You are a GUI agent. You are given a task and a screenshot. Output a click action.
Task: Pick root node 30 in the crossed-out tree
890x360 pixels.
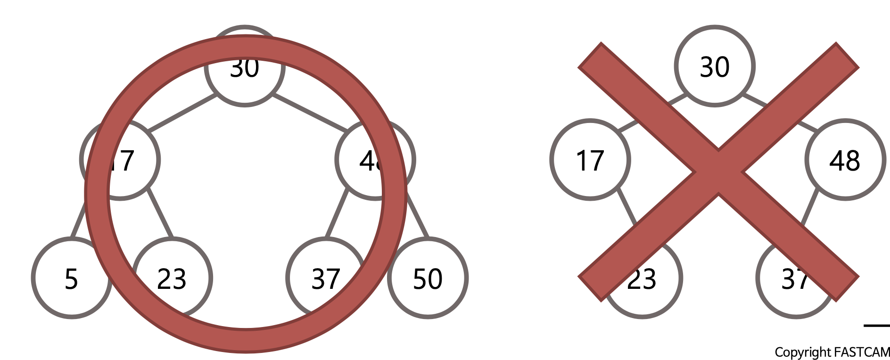[x=715, y=66]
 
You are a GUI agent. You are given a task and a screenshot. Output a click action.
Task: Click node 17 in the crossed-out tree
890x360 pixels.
[x=590, y=160]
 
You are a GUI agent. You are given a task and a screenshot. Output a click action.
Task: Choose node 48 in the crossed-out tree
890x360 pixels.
[x=845, y=160]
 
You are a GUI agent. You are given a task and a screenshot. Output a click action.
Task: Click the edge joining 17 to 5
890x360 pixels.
[x=78, y=220]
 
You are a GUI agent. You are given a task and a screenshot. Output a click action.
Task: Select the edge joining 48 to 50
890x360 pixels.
[x=418, y=215]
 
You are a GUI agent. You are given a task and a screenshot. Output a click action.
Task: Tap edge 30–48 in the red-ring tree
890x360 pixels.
[x=309, y=112]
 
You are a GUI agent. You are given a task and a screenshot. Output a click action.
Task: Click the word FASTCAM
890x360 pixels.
[x=862, y=352]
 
